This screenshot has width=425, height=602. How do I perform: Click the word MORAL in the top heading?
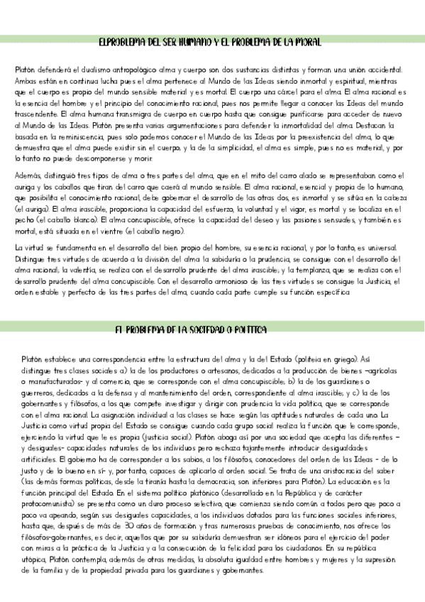click(x=308, y=43)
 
